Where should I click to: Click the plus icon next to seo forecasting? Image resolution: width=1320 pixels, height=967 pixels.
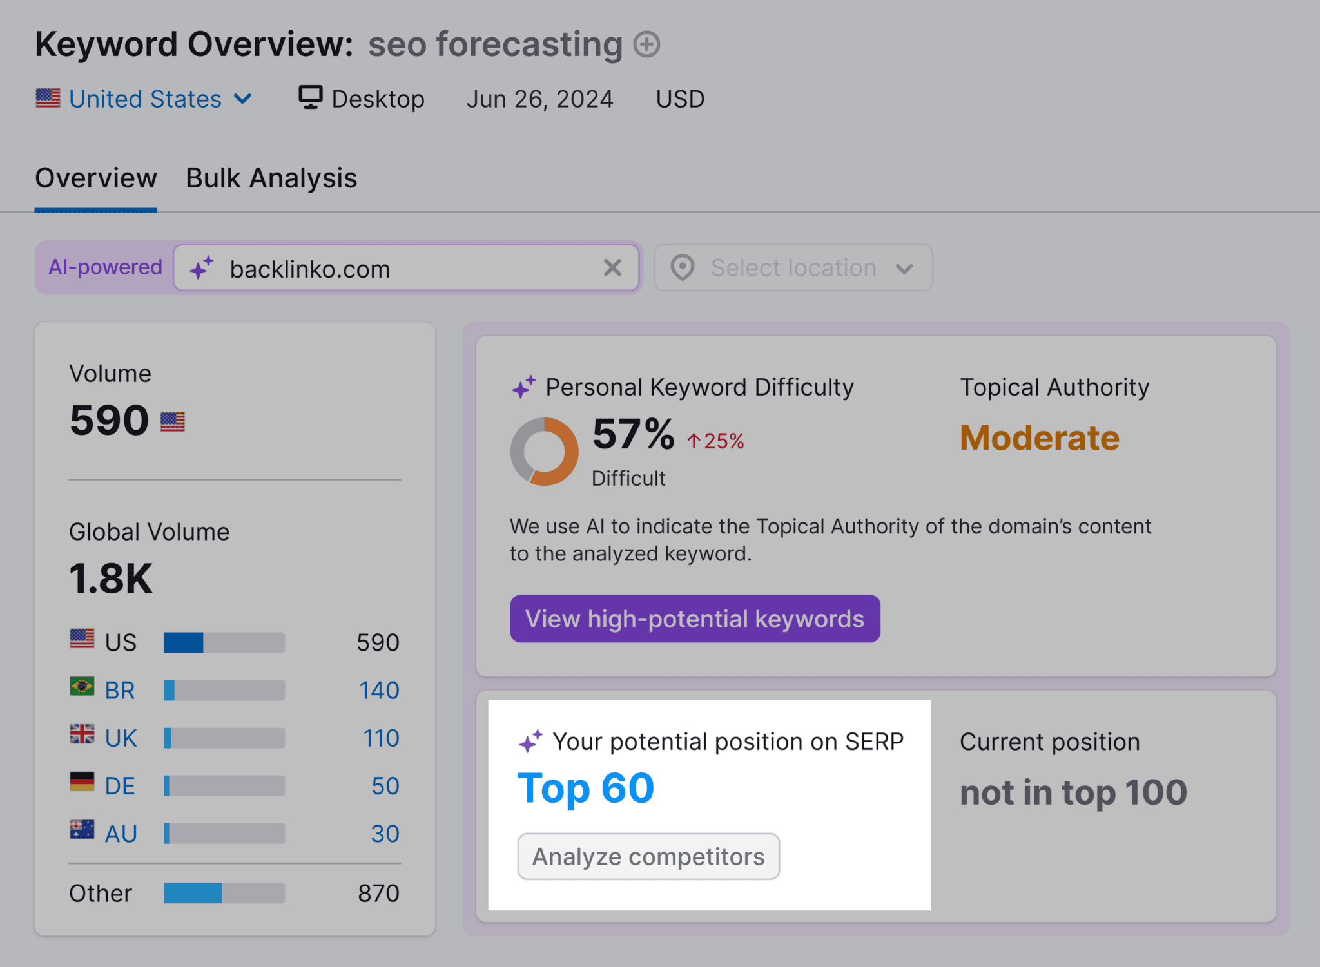click(646, 44)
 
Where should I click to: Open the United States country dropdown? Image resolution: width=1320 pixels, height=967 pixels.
click(145, 99)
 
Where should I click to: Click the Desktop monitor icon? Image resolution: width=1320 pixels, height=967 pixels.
click(310, 98)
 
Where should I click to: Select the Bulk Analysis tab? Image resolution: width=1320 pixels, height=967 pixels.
click(271, 178)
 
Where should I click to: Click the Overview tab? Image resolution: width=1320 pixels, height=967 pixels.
click(96, 178)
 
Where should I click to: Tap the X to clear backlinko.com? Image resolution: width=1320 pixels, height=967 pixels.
click(612, 267)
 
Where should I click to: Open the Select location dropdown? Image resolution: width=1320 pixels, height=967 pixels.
click(793, 267)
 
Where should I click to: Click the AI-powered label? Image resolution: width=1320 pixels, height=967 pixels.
click(105, 267)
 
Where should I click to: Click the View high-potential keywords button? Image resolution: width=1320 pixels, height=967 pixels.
click(695, 618)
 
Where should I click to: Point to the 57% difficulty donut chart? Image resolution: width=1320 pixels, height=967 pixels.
click(544, 451)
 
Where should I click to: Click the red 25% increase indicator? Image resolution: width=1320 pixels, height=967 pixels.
click(715, 441)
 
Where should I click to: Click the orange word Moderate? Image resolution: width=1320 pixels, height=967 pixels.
click(1039, 438)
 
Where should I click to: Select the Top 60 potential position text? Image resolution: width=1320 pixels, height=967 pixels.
click(585, 788)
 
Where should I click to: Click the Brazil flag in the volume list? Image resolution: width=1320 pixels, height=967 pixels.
click(82, 687)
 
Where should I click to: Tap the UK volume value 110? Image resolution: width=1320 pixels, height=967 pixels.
click(381, 738)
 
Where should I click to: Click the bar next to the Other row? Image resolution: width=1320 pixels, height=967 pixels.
click(224, 893)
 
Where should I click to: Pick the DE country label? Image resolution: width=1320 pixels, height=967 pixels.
click(120, 786)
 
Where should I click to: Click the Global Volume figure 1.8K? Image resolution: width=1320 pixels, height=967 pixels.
click(111, 578)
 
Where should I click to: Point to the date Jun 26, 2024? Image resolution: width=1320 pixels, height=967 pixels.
click(539, 99)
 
